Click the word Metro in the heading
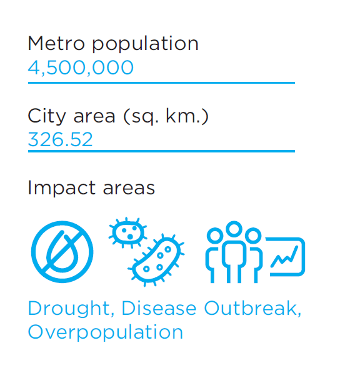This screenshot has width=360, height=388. [x=56, y=44]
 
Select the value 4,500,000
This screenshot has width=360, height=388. [x=81, y=67]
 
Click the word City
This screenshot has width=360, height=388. [x=47, y=117]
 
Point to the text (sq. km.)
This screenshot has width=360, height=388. [x=166, y=116]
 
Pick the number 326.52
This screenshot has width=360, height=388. [x=60, y=139]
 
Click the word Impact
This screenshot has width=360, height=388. [x=61, y=189]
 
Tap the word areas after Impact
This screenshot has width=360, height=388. [x=129, y=189]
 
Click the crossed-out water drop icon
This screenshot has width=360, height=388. [x=62, y=252]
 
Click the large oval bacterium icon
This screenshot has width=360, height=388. [x=156, y=261]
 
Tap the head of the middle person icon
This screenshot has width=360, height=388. [x=234, y=229]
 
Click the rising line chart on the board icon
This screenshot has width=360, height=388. [x=284, y=257]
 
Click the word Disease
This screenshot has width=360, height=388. [x=159, y=308]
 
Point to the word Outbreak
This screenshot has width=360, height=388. [x=252, y=309]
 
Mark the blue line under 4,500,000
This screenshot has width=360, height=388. [x=161, y=82]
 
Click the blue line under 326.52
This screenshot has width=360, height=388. [x=161, y=151]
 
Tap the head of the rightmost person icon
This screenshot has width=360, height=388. [x=252, y=236]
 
